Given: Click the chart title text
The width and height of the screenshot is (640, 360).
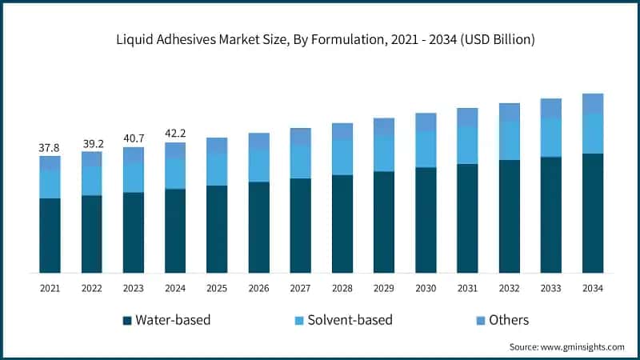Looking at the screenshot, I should [320, 39].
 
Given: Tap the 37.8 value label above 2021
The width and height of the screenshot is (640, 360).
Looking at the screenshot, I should [50, 148].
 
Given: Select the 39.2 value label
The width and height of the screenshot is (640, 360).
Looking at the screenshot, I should [91, 144].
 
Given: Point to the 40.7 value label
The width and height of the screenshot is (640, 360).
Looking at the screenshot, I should [133, 139].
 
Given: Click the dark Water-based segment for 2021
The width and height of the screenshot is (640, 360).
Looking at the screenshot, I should [50, 235].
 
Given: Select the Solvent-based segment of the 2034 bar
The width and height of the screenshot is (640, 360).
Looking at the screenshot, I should [592, 134].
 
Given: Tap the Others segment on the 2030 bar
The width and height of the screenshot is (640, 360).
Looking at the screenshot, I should [426, 122].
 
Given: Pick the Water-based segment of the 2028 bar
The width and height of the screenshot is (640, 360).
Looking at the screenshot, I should [342, 223].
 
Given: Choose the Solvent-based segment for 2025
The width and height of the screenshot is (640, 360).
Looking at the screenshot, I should [217, 169].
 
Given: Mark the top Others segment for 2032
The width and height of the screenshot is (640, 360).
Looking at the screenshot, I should [509, 112].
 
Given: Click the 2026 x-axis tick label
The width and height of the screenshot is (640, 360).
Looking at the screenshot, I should [258, 288].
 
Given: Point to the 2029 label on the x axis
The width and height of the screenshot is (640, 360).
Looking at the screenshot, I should [384, 288].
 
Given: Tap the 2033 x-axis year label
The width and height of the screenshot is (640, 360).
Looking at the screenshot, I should [550, 288].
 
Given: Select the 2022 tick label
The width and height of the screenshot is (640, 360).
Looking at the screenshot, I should [91, 288].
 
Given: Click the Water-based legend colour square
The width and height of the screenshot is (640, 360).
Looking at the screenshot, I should [127, 320].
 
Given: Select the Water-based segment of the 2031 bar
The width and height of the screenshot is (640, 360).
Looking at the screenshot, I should [467, 218].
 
